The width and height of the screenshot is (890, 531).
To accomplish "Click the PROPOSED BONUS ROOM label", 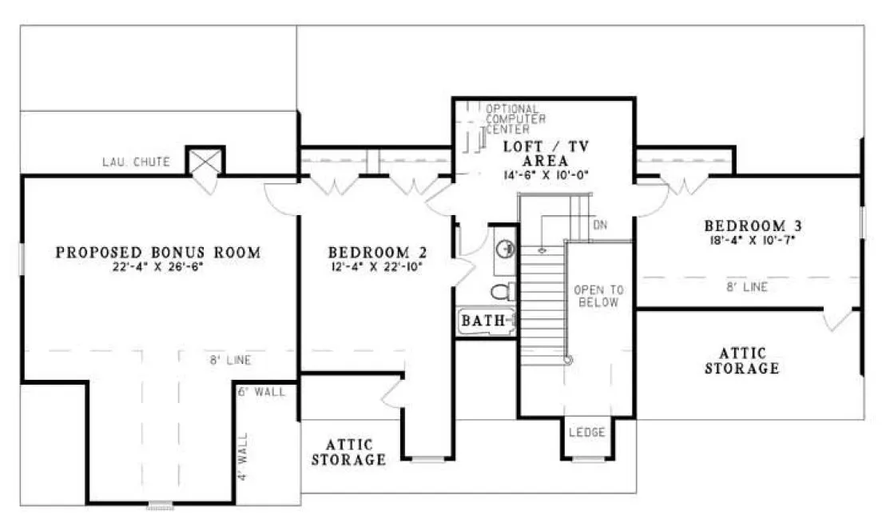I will click(158, 253).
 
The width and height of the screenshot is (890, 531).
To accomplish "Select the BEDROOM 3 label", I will click(758, 225).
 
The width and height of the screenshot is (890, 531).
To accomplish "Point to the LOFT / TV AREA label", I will click(546, 154).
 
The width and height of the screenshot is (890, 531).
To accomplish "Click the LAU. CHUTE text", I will click(136, 162).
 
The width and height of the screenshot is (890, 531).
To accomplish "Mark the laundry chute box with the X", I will click(205, 160).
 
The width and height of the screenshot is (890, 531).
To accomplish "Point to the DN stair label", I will click(600, 225).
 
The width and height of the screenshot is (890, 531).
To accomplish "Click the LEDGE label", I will click(586, 433).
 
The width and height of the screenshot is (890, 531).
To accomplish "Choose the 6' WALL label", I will click(260, 393).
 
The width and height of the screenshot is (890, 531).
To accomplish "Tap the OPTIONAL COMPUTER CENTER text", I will click(515, 118).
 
